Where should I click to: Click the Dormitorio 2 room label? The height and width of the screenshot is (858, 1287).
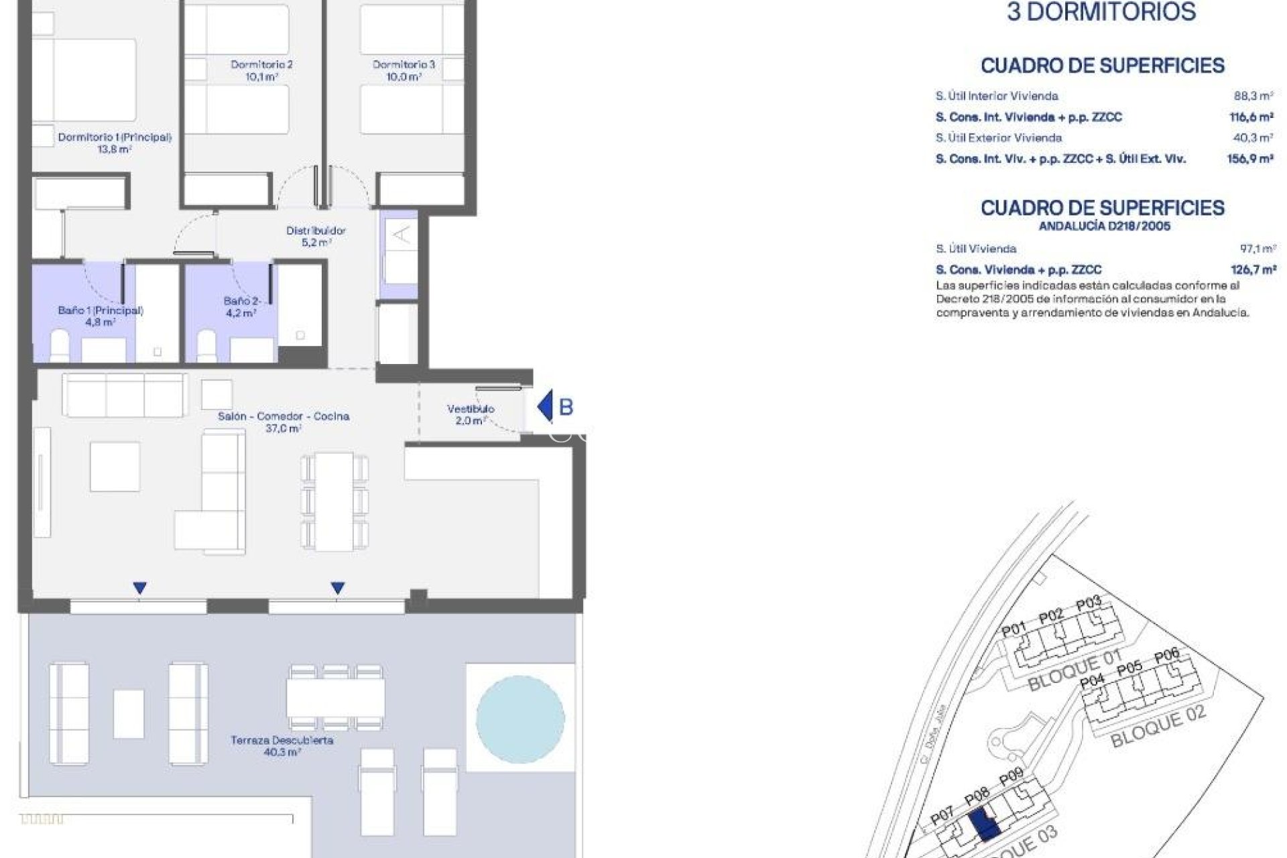(261, 70)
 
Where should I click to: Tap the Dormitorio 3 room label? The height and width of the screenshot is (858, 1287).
(404, 70)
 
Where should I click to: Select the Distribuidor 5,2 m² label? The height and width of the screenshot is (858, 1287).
(316, 236)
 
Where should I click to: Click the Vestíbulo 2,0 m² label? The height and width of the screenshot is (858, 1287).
(471, 414)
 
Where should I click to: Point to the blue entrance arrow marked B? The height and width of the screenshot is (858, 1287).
(546, 406)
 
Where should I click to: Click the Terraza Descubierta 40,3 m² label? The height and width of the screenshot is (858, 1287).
(282, 746)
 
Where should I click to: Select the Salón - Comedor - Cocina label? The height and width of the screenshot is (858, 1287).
(283, 422)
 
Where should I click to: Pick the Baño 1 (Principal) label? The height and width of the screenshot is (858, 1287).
(101, 316)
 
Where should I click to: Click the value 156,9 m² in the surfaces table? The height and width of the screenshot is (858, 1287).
(1250, 159)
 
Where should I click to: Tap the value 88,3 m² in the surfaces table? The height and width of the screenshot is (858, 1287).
(1253, 96)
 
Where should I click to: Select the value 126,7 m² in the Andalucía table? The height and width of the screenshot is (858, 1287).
(1253, 269)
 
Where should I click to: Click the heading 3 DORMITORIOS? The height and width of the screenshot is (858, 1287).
(1101, 12)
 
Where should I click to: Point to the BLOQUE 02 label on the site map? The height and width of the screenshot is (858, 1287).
(1158, 727)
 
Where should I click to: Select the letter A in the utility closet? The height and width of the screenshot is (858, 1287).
(401, 235)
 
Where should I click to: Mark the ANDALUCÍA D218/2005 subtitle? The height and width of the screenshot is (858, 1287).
(1104, 226)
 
